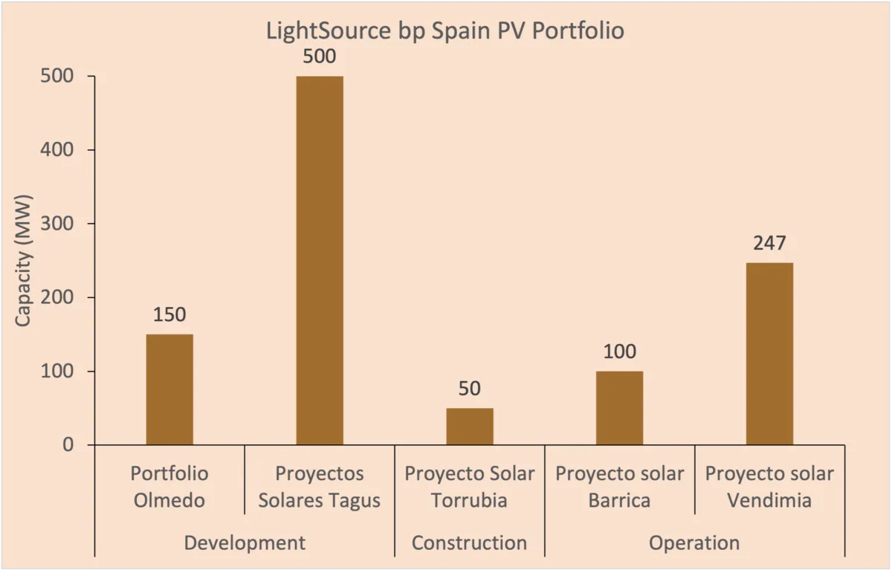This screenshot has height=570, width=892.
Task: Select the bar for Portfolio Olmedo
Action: [x=169, y=389]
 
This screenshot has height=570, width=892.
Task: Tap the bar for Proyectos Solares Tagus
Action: [x=320, y=260]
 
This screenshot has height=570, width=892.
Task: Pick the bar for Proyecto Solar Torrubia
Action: [x=470, y=426]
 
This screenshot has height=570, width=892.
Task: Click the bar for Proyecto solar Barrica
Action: [x=619, y=407]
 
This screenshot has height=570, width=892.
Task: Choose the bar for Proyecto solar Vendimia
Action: [x=769, y=353]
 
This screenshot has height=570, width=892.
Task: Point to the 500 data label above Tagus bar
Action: [x=320, y=56]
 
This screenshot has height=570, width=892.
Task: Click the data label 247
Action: [x=769, y=243]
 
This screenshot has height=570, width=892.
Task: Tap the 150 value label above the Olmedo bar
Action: [x=169, y=314]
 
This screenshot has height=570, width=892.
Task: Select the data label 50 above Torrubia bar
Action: [x=470, y=389]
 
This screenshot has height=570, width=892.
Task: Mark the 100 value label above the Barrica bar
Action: [x=619, y=352]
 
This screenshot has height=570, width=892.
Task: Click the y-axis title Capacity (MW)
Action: [x=24, y=261]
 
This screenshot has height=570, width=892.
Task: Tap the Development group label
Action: [x=245, y=543]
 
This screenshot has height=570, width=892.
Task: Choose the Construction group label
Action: [x=470, y=543]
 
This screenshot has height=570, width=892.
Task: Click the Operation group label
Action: [x=694, y=543]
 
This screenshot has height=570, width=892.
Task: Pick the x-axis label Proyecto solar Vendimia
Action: [x=769, y=487]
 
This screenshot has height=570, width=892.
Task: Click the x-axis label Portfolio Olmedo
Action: [x=169, y=487]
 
